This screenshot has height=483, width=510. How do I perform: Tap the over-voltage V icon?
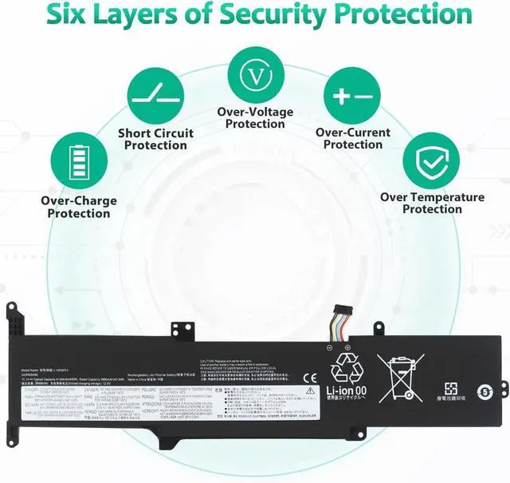tap(255, 74)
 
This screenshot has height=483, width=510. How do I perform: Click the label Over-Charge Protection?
tap(78, 207)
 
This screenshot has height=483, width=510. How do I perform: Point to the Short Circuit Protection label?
tap(155, 139)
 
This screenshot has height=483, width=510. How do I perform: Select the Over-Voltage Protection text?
tap(255, 117)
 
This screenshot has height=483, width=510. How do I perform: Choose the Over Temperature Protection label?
tap(432, 203)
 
